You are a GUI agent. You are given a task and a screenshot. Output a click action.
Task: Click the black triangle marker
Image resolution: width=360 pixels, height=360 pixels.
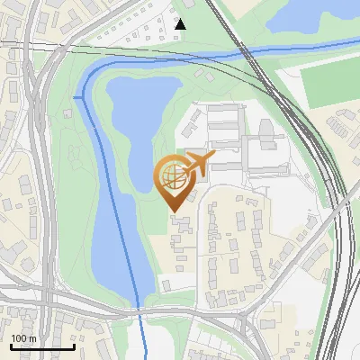click(x=181, y=24)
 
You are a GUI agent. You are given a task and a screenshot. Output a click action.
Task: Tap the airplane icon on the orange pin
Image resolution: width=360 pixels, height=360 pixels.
click(x=199, y=164)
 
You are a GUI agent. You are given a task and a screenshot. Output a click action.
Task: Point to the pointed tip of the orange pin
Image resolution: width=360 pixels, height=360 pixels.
click(x=174, y=211)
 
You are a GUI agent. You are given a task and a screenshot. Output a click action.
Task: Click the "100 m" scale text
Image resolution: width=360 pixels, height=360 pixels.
click(x=23, y=338)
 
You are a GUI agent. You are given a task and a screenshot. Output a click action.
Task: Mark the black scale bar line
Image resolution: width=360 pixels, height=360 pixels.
click(x=41, y=346)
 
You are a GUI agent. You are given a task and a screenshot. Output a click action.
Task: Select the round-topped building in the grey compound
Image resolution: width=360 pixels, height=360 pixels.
click(x=267, y=135)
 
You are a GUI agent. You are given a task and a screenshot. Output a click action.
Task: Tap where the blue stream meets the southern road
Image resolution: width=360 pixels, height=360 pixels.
click(x=139, y=310)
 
